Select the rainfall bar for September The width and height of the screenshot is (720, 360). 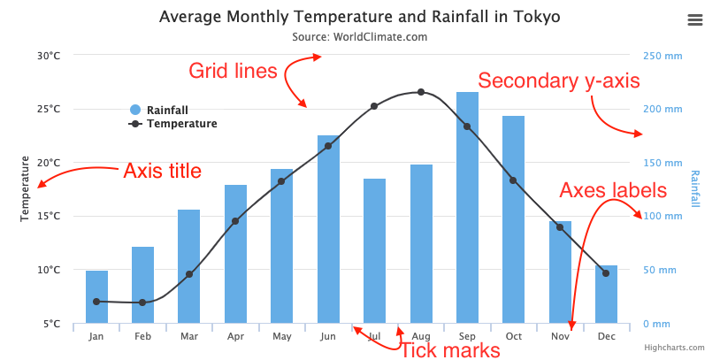coord(467,208)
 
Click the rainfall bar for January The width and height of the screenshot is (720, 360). coord(96,296)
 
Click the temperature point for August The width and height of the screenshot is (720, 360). coord(421,92)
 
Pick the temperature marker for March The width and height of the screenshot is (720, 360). coord(189,274)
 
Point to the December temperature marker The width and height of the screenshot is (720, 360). coord(606,273)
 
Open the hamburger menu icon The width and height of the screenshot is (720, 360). coord(694,19)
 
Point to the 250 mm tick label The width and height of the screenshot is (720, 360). coord(663,56)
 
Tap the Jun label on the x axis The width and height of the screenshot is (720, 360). coord(328,337)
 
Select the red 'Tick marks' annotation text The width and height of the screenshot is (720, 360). coord(450,350)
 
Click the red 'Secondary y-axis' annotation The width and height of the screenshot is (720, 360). coord(558,80)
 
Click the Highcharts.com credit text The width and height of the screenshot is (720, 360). coord(674,349)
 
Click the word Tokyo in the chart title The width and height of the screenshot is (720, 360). coord(528,17)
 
